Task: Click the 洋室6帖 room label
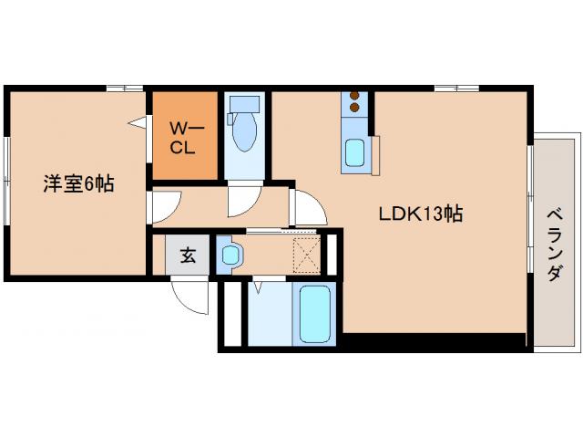pyautogui.click(x=77, y=183)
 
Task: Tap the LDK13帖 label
pyautogui.click(x=421, y=214)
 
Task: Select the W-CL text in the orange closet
pyautogui.click(x=185, y=136)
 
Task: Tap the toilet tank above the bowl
pyautogui.click(x=243, y=105)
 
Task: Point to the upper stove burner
pyautogui.click(x=355, y=99)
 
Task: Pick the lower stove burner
pyautogui.click(x=355, y=112)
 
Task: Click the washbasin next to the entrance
pyautogui.click(x=229, y=255)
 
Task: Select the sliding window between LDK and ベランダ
pyautogui.click(x=530, y=208)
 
